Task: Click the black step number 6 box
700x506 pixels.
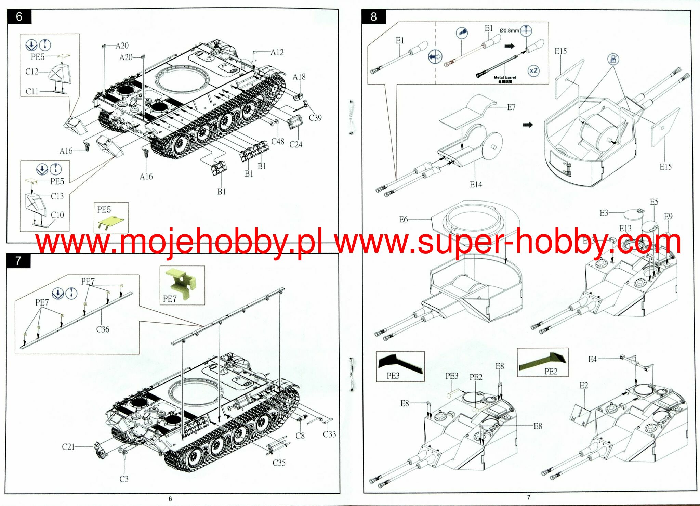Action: click(19, 16)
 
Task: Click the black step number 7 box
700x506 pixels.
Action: click(18, 261)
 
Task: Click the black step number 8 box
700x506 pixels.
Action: click(374, 16)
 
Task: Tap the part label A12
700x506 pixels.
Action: click(277, 52)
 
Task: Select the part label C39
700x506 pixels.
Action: click(315, 118)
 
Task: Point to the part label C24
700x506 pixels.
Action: click(296, 145)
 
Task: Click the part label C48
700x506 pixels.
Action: click(278, 141)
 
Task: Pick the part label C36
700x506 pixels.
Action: click(103, 329)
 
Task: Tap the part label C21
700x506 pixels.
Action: click(68, 447)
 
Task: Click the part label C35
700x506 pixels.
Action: click(279, 463)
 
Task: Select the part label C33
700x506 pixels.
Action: click(329, 434)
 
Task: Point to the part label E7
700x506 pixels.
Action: click(511, 107)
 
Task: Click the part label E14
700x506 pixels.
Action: click(476, 185)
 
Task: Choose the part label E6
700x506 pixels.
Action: click(404, 220)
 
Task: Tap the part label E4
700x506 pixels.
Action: click(592, 359)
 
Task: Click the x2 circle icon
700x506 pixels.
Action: click(533, 71)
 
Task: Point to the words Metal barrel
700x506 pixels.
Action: click(505, 78)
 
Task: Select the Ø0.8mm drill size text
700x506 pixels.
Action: click(509, 30)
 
